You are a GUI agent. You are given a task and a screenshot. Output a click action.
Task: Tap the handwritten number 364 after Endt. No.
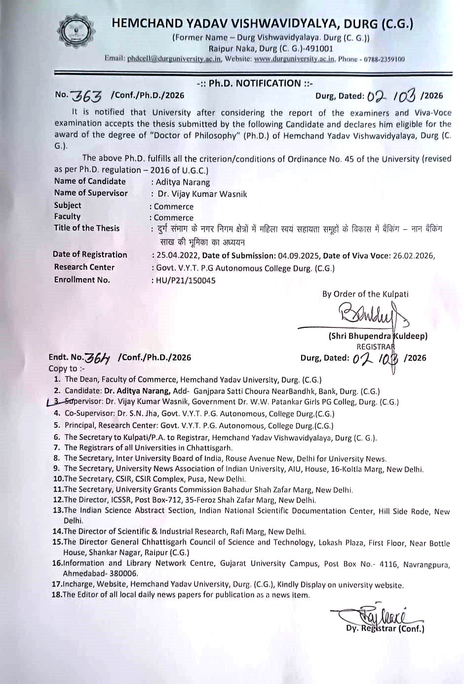[98, 358]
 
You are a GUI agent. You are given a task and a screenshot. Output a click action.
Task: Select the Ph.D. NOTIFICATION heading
[254, 83]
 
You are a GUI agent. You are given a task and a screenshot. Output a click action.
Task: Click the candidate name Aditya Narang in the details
[183, 182]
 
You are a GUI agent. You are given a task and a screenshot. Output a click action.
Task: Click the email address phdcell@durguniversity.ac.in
[174, 59]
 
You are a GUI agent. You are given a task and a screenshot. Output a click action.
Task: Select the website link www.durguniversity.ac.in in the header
[295, 59]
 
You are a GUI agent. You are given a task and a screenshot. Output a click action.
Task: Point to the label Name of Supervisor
[91, 193]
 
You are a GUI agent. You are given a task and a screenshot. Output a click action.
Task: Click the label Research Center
[84, 267]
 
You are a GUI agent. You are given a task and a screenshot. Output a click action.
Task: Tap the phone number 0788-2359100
[384, 59]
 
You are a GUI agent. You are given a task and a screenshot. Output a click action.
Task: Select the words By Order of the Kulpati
[365, 294]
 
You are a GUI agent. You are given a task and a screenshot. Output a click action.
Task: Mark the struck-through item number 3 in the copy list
[57, 402]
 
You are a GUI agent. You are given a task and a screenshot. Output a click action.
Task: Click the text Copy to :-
[67, 368]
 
